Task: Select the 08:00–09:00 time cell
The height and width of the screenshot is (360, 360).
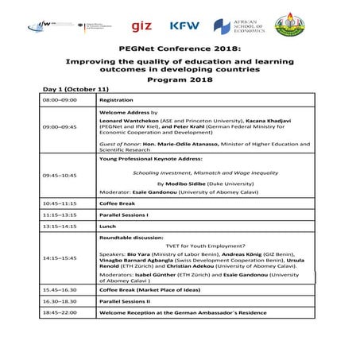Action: pos(58,101)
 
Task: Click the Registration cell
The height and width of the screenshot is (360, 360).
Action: pos(116,101)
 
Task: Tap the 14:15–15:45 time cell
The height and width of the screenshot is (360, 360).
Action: pos(58,258)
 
